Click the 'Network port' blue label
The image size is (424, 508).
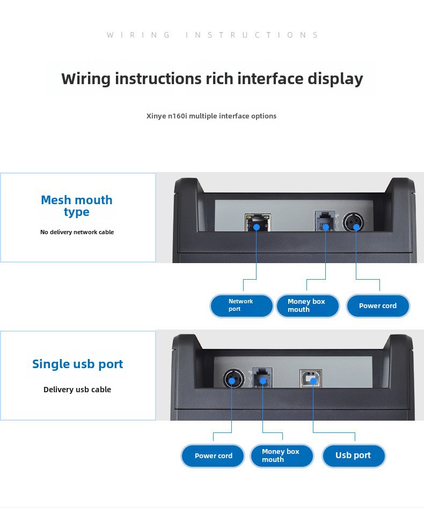(242, 305)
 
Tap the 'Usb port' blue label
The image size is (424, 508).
(354, 455)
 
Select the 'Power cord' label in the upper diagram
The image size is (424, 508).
(378, 305)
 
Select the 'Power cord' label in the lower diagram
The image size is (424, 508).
(213, 456)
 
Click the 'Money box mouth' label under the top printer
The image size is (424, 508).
(308, 305)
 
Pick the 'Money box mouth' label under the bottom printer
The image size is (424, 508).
(282, 456)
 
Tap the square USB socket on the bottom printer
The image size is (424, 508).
(311, 378)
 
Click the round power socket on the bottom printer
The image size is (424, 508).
(233, 379)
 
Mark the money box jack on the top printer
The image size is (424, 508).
(325, 221)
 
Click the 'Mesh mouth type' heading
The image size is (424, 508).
(77, 206)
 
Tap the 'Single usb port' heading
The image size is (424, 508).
(78, 364)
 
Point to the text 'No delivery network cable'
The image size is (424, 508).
(77, 232)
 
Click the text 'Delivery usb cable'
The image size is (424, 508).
(77, 390)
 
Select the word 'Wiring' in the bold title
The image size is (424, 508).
(86, 79)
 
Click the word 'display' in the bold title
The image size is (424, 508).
(335, 79)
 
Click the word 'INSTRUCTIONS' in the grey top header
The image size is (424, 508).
(252, 35)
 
